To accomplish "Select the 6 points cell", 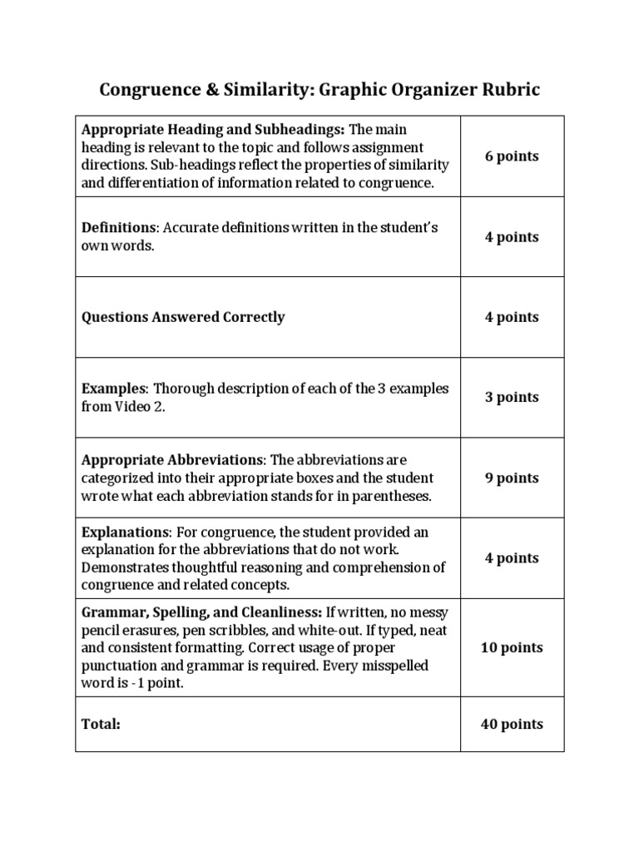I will [512, 156].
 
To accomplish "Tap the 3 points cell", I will [512, 397].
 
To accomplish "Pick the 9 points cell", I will [512, 478].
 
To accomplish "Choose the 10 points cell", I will [512, 647].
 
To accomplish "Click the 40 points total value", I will [512, 724].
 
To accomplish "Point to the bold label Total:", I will [101, 724].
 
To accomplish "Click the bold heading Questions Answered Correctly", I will [183, 317].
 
